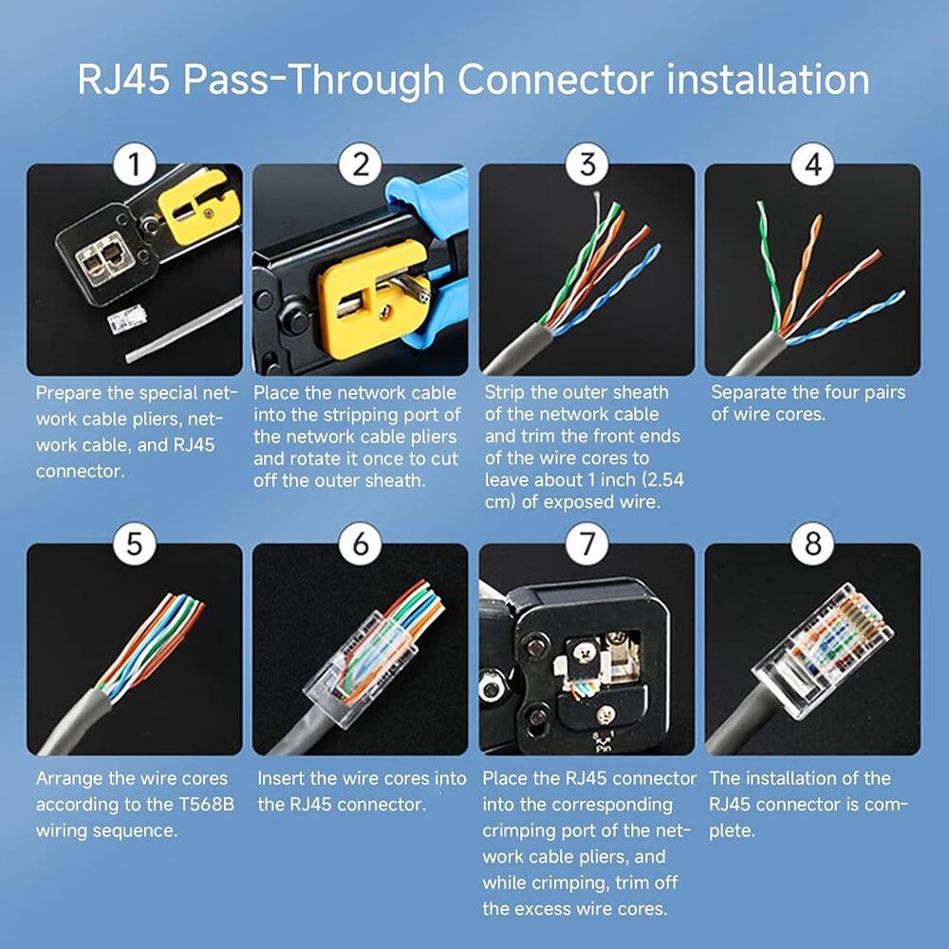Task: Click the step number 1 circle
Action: click(134, 165)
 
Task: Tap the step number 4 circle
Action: click(812, 165)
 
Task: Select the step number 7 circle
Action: click(586, 545)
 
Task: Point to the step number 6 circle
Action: click(360, 545)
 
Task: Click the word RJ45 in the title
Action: click(122, 80)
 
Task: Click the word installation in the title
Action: click(768, 80)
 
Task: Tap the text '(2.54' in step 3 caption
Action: click(660, 480)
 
